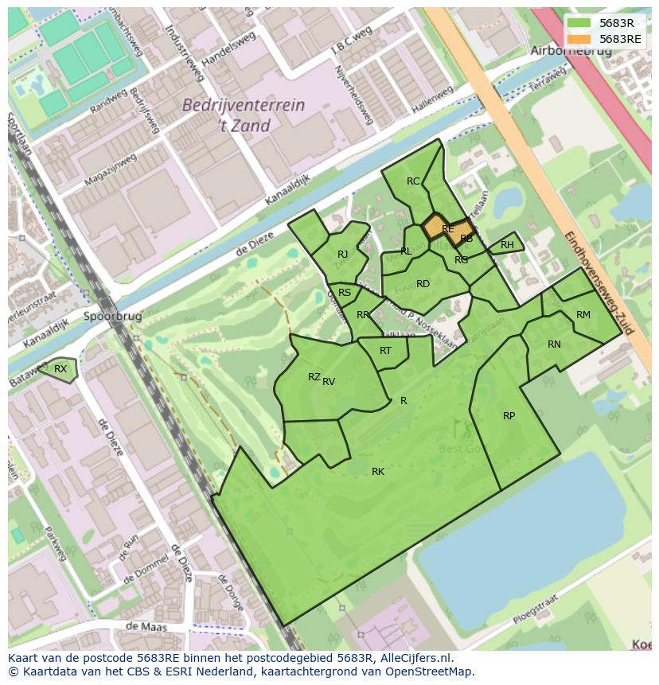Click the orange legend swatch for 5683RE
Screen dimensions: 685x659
579,38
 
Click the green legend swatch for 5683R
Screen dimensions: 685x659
579,22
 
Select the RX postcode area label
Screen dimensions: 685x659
60,368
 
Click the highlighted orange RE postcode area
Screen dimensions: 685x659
447,229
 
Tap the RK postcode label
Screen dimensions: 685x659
378,472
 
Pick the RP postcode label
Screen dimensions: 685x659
509,416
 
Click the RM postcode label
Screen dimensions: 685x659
583,315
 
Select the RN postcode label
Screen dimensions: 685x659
554,344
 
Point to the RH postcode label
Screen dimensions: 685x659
507,245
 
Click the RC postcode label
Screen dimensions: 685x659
413,181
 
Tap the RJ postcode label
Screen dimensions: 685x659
343,255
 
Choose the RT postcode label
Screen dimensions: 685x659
385,351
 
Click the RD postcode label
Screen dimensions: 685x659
423,284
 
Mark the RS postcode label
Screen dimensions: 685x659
345,293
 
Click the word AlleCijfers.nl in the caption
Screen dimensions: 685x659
415,658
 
